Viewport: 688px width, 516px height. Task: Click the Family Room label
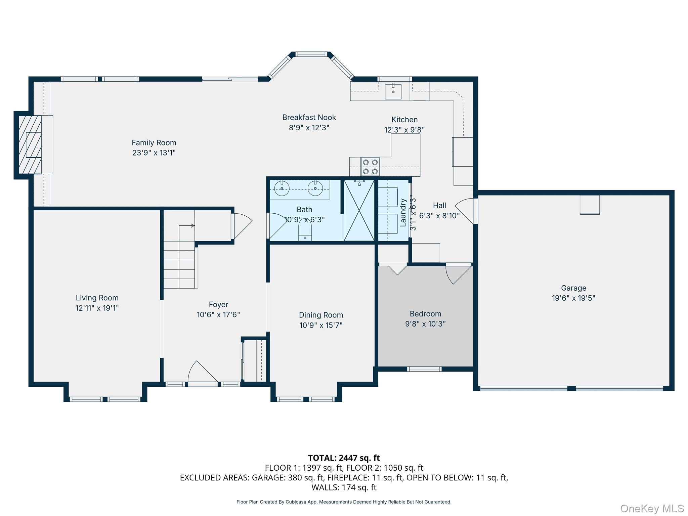[154, 143]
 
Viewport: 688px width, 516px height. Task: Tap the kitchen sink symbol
[393, 91]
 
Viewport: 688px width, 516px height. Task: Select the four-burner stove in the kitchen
[370, 167]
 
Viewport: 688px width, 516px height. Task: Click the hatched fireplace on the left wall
[30, 145]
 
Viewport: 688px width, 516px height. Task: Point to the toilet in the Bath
[305, 232]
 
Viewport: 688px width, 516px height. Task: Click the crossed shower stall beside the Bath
[359, 210]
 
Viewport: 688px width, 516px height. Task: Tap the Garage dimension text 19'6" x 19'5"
[573, 298]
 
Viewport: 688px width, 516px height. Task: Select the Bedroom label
[425, 314]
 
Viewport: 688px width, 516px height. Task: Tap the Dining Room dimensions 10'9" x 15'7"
[321, 325]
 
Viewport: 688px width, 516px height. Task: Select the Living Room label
[97, 298]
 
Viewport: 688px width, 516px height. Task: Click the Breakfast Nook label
[309, 117]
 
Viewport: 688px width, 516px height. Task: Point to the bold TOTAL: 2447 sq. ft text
[344, 458]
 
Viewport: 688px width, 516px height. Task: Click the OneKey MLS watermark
[652, 509]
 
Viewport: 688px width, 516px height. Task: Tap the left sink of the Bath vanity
[282, 188]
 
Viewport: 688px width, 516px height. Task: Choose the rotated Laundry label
[403, 212]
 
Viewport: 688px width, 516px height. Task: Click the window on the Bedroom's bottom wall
[424, 369]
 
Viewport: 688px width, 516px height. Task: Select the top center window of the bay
[311, 54]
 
